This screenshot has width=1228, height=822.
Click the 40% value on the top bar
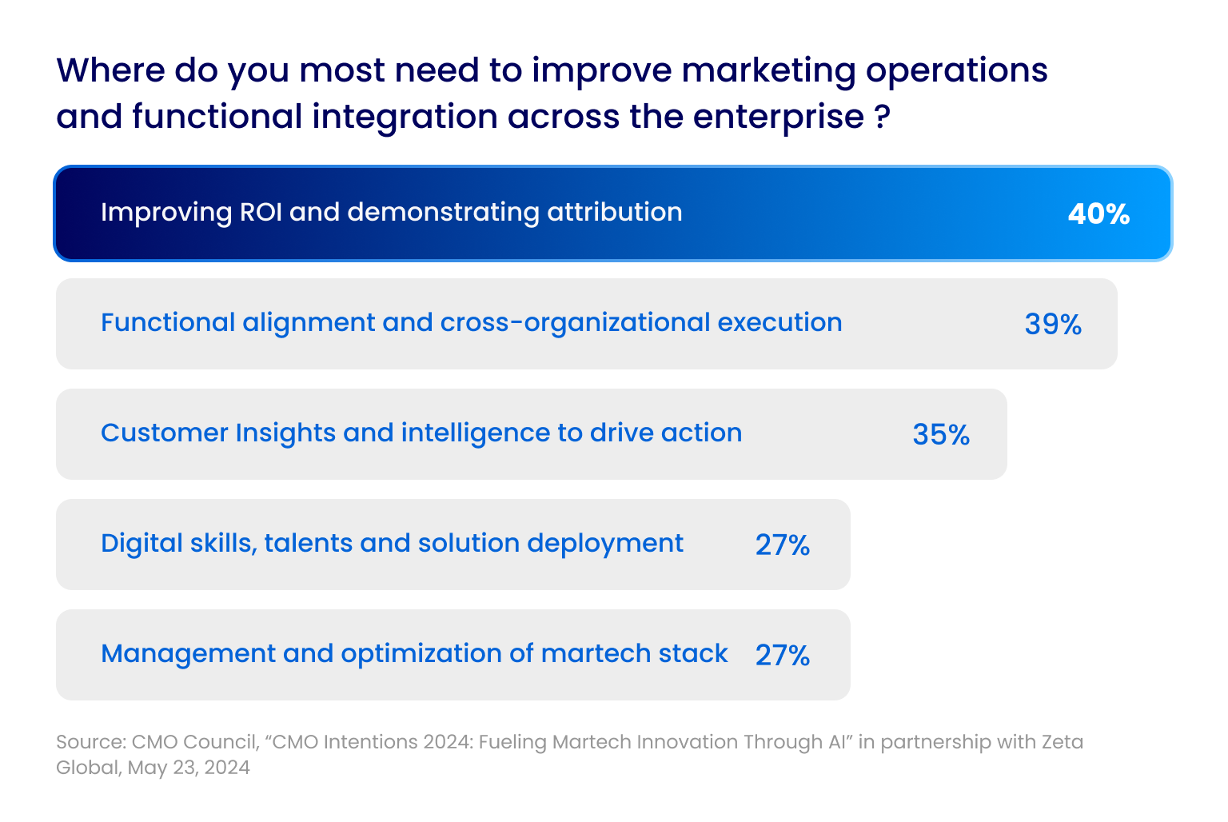pos(1098,214)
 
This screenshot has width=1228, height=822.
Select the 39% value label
pos(1053,325)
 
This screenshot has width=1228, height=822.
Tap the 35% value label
pos(941,435)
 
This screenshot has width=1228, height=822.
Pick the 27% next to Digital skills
pos(783,545)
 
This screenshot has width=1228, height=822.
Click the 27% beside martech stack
pos(783,656)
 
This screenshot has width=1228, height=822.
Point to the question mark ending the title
pos(882,118)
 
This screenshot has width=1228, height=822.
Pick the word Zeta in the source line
pos(1062,742)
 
